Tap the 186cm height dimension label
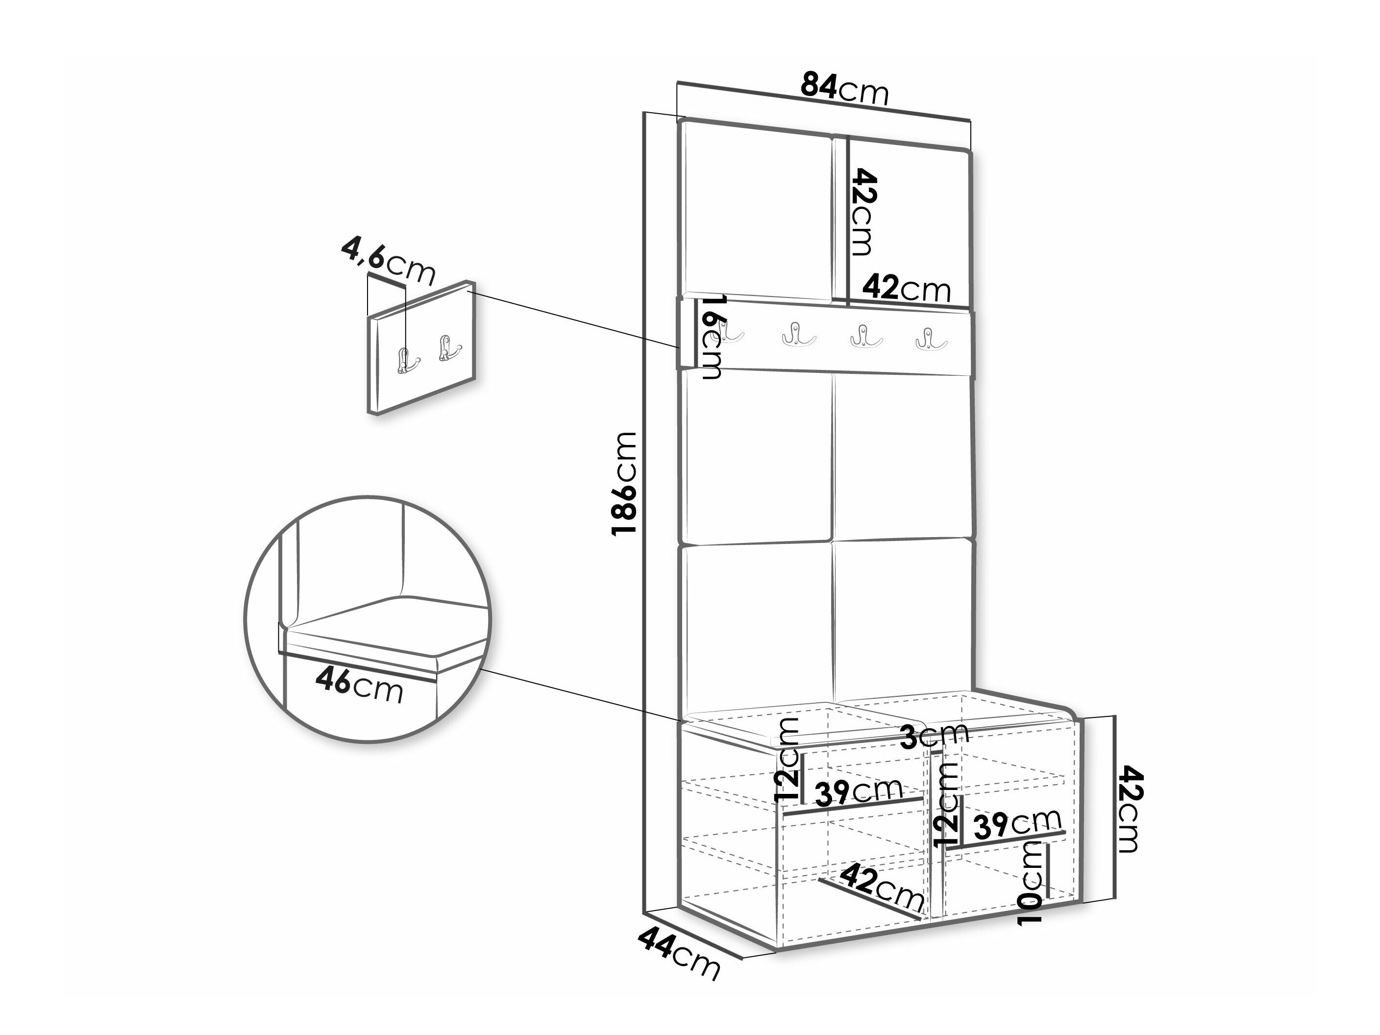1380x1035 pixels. point(624,484)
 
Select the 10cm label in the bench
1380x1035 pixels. point(1030,883)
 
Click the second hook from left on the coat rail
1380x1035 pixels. point(799,333)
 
